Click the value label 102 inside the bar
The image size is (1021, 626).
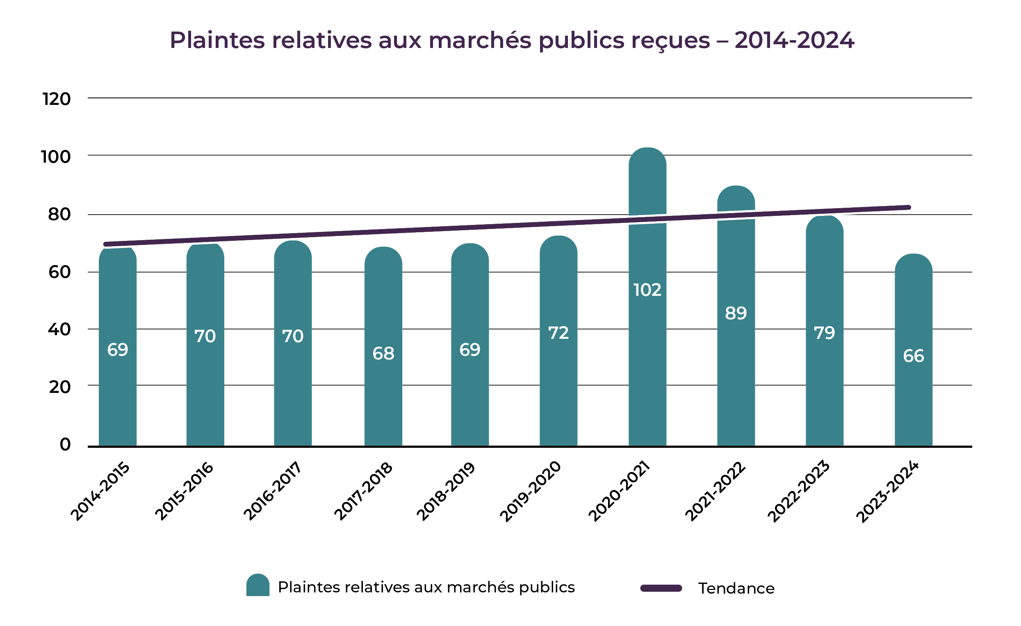[647, 290]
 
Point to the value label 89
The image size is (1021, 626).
[736, 313]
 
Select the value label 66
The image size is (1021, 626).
[913, 356]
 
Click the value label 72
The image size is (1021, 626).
[558, 333]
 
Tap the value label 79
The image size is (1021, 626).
[824, 333]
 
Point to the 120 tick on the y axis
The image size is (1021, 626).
[56, 100]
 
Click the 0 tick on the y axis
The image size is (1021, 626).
[65, 445]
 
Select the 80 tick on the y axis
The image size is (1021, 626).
[59, 214]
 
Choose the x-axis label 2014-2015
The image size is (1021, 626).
[100, 492]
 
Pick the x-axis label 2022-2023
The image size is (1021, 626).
[798, 492]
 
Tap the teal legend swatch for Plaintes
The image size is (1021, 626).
[258, 585]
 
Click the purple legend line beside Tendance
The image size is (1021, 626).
[661, 588]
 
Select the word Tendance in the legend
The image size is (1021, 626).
[736, 588]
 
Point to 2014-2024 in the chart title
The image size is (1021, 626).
[794, 41]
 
